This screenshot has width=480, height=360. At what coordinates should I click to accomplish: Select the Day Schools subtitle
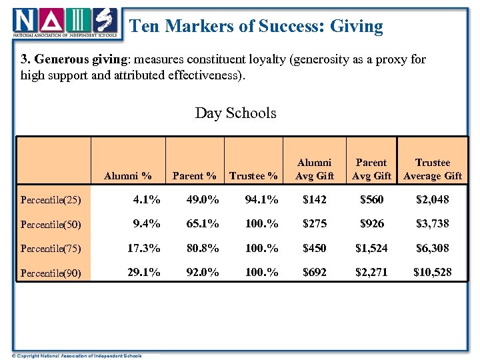(x=235, y=113)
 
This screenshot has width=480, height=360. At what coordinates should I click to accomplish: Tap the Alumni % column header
(x=128, y=176)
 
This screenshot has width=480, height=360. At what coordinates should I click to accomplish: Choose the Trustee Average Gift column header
(x=433, y=169)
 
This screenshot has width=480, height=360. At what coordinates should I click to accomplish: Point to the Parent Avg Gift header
(x=371, y=169)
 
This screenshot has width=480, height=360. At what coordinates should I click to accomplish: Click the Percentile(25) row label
(x=51, y=199)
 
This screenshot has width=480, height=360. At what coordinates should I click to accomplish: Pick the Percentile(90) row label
(x=51, y=273)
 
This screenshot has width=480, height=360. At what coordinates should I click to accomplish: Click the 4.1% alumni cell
(x=147, y=199)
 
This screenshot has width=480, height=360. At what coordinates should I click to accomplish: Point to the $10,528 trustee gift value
(x=432, y=272)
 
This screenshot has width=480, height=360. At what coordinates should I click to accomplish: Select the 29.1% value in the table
(x=144, y=272)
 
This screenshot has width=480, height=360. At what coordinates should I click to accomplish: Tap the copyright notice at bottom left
(x=77, y=355)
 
